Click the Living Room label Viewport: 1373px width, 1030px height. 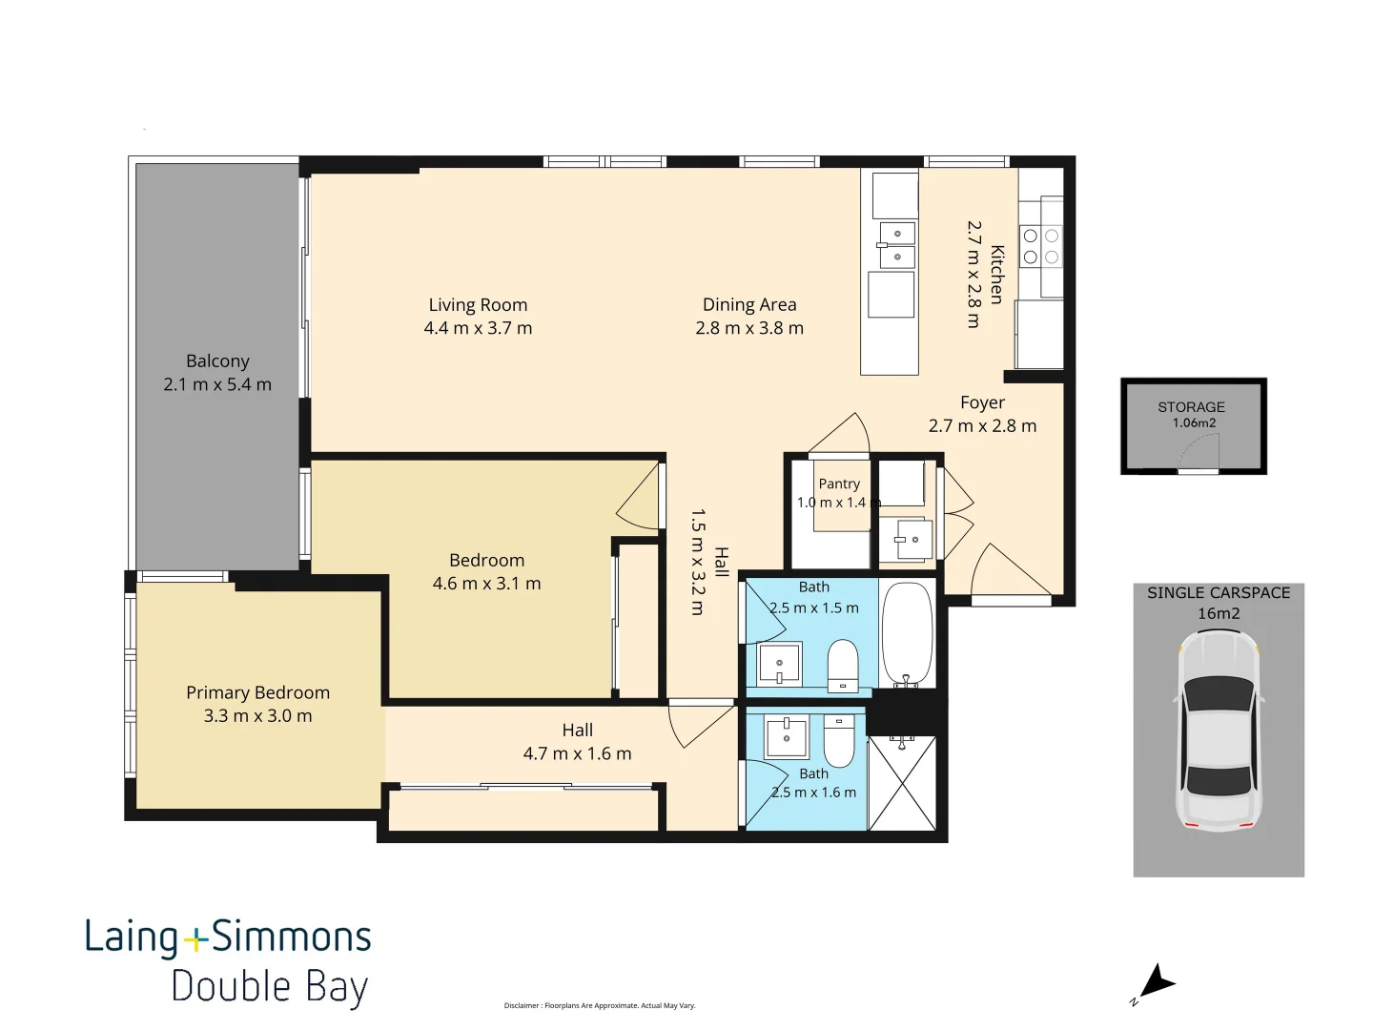click(x=478, y=305)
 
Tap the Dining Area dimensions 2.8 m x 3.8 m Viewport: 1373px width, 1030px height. click(x=749, y=328)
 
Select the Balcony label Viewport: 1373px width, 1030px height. click(x=217, y=361)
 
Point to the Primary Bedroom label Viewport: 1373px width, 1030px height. click(x=257, y=693)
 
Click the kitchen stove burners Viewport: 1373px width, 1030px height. click(x=1041, y=246)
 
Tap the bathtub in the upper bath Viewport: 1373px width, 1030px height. click(x=907, y=635)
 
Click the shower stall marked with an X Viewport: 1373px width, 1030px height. click(x=903, y=784)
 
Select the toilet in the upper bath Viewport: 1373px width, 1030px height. click(x=843, y=666)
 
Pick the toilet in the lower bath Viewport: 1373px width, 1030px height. click(x=839, y=742)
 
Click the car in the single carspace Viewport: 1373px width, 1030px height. click(x=1219, y=731)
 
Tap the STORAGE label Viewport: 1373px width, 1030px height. click(x=1191, y=407)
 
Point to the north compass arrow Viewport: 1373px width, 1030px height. click(x=1158, y=983)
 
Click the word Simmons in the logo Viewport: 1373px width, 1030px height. click(x=292, y=937)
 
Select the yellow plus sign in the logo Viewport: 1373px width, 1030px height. click(x=195, y=939)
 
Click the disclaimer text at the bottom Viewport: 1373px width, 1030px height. click(x=599, y=1005)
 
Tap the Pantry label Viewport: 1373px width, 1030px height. click(x=839, y=484)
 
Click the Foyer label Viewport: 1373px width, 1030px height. click(x=982, y=402)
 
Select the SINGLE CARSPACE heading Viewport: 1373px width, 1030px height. click(x=1219, y=593)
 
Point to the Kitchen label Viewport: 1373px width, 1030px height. click(x=996, y=275)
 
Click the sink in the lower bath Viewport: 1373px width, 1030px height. click(x=787, y=736)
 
